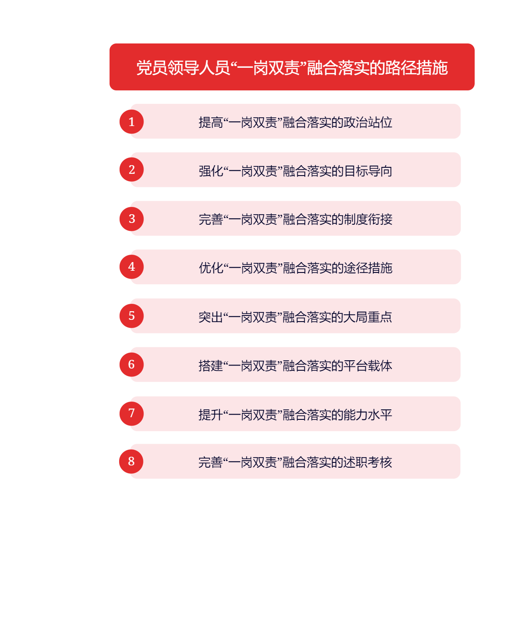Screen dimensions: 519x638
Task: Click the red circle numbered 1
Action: click(x=131, y=122)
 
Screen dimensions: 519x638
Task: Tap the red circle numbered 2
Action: click(x=131, y=169)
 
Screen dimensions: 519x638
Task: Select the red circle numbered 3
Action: click(x=131, y=219)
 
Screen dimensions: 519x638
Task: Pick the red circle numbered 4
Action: click(x=131, y=267)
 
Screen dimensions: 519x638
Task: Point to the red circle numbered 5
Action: click(x=131, y=316)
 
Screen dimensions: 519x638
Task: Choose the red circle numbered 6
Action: click(x=131, y=365)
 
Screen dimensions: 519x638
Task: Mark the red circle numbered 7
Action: click(x=131, y=414)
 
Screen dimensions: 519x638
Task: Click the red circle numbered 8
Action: click(x=131, y=462)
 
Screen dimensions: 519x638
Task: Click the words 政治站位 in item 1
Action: click(x=368, y=122)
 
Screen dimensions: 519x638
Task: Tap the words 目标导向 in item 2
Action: click(x=368, y=171)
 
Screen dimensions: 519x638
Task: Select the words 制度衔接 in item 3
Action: click(x=368, y=219)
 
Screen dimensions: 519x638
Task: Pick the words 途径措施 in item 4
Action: click(x=368, y=268)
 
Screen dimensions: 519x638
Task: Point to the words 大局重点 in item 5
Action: click(x=368, y=317)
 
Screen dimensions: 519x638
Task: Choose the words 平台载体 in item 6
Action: click(x=368, y=366)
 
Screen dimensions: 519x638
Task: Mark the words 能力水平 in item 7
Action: click(x=368, y=415)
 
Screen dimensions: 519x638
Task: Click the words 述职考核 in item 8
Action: click(x=368, y=462)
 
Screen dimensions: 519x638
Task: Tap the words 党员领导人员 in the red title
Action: click(x=183, y=67)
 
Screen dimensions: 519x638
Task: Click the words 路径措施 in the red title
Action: click(x=416, y=67)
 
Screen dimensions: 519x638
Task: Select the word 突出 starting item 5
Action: click(x=211, y=317)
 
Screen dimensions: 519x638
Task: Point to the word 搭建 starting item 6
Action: click(x=211, y=366)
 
